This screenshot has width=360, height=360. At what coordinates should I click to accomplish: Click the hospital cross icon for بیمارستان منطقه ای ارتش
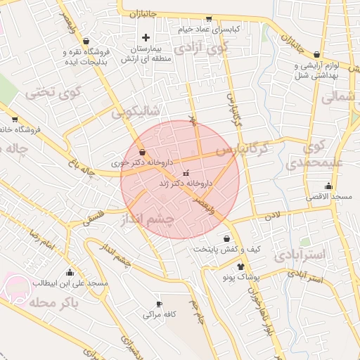coord(146,37)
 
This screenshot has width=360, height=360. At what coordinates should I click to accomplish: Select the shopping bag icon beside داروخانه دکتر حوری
coord(143,152)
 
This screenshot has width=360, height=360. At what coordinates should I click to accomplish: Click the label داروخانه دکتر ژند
coord(186,183)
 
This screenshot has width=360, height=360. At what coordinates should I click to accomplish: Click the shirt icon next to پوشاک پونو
coord(241,266)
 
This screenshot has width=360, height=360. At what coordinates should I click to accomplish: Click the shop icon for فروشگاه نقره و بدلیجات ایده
coord(86,40)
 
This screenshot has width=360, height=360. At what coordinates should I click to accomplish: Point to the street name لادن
coord(272,215)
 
